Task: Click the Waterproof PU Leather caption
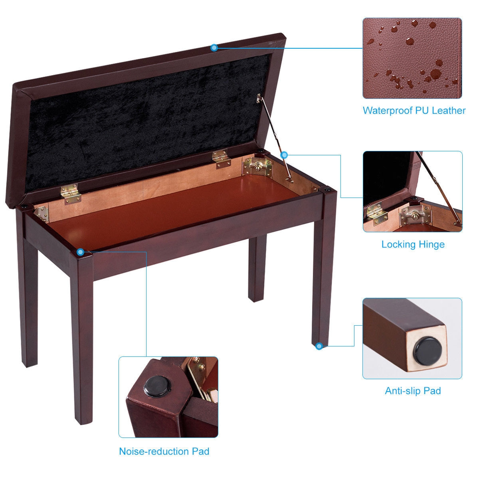(x=414, y=111)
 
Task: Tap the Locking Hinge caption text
(x=413, y=244)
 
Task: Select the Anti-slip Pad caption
(x=413, y=390)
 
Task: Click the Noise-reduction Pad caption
(x=164, y=451)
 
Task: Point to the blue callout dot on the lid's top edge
(x=214, y=48)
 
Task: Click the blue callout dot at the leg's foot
(x=319, y=346)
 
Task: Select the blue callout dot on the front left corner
(x=81, y=252)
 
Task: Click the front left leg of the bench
(x=83, y=339)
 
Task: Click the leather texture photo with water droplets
(x=412, y=58)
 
